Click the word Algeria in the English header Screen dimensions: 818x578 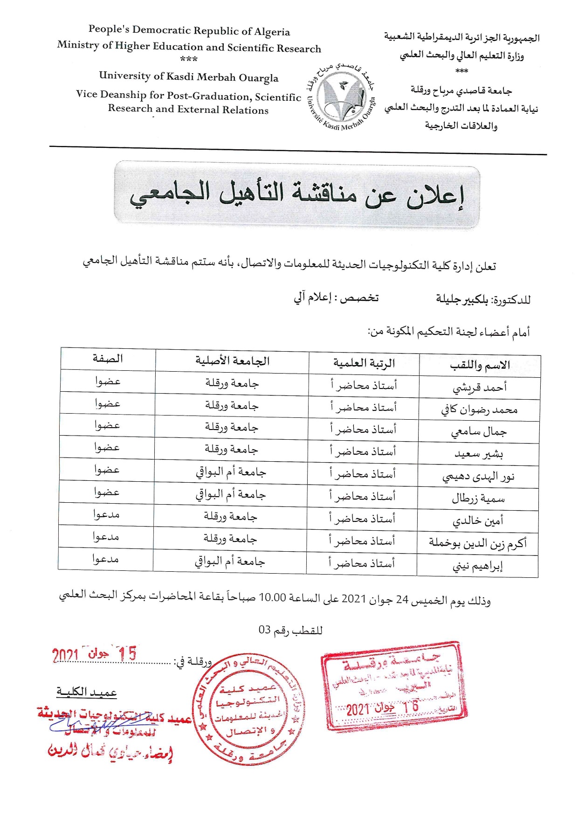272,32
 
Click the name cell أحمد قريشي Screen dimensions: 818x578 480,388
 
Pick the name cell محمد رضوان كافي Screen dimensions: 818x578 479,410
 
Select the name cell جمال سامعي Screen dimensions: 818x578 479,432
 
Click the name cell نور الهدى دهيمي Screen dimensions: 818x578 478,477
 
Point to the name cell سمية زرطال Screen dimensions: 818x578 478,499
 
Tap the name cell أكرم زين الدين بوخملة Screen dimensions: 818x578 478,543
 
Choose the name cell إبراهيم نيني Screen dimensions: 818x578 478,566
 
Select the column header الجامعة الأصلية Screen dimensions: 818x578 232,361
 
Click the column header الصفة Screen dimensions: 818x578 108,359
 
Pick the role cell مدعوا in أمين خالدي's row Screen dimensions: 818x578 106,514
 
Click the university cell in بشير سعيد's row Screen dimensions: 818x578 231,450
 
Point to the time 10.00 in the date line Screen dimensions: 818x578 272,598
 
